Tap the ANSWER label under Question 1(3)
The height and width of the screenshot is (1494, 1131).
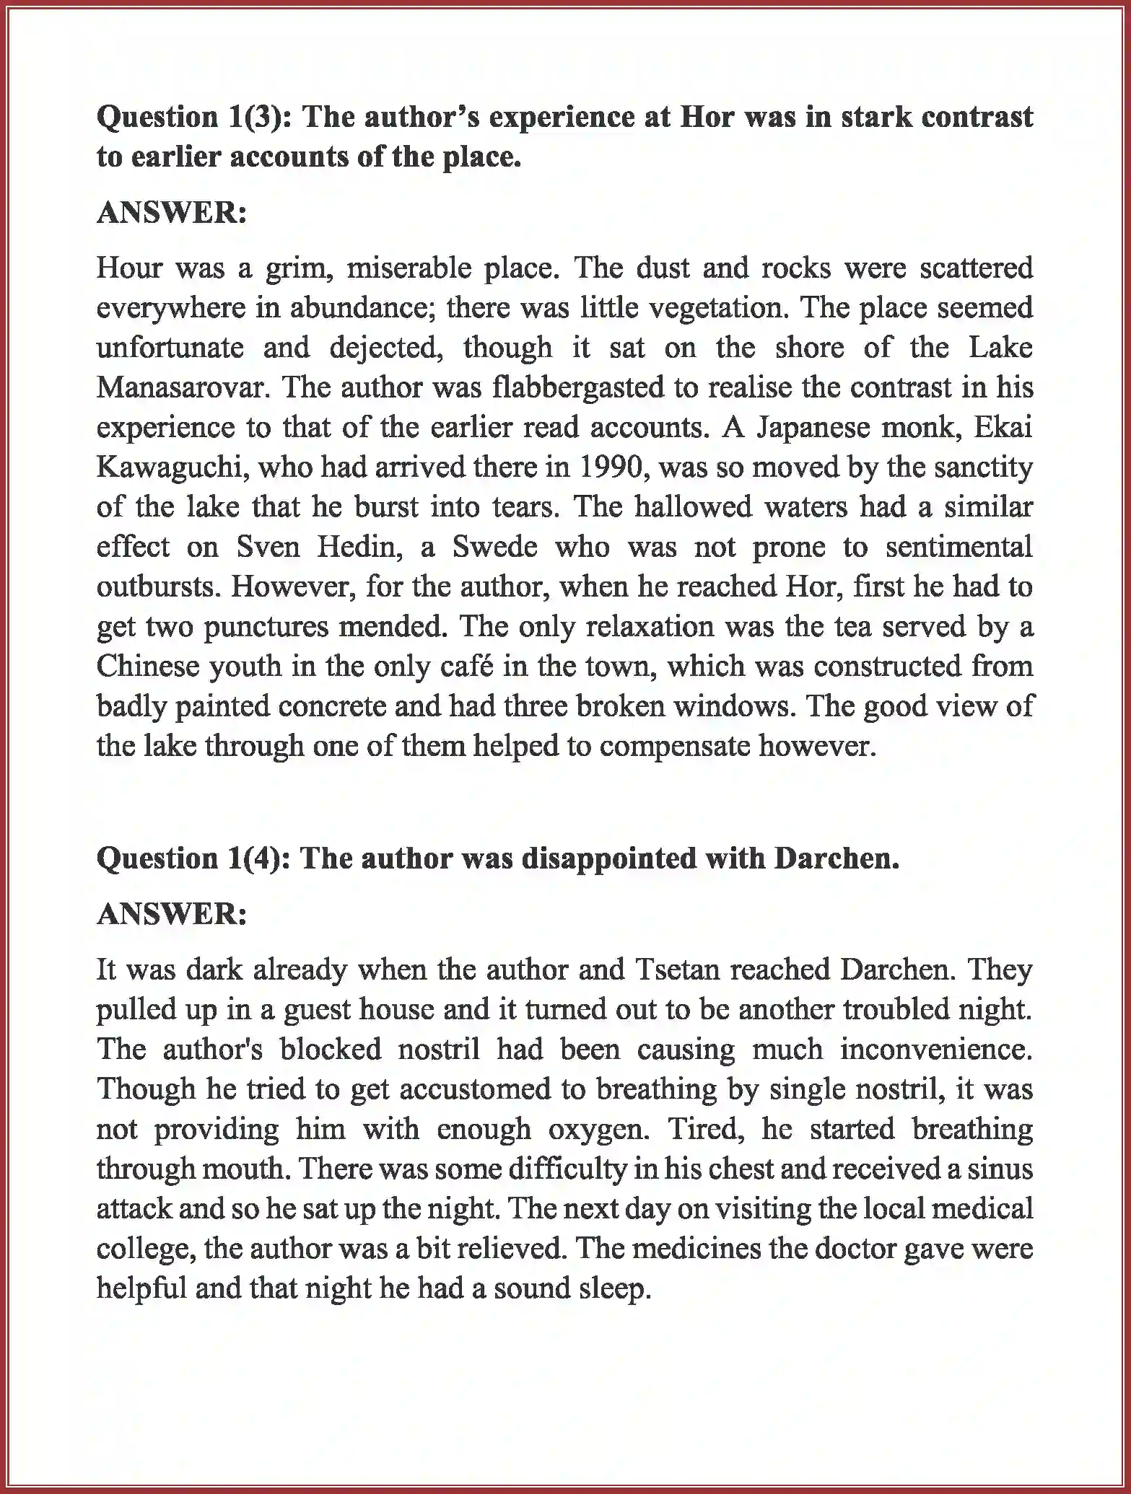tap(172, 213)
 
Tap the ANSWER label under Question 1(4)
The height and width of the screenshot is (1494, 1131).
tap(172, 914)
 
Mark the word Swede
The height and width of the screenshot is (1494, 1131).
tap(494, 547)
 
